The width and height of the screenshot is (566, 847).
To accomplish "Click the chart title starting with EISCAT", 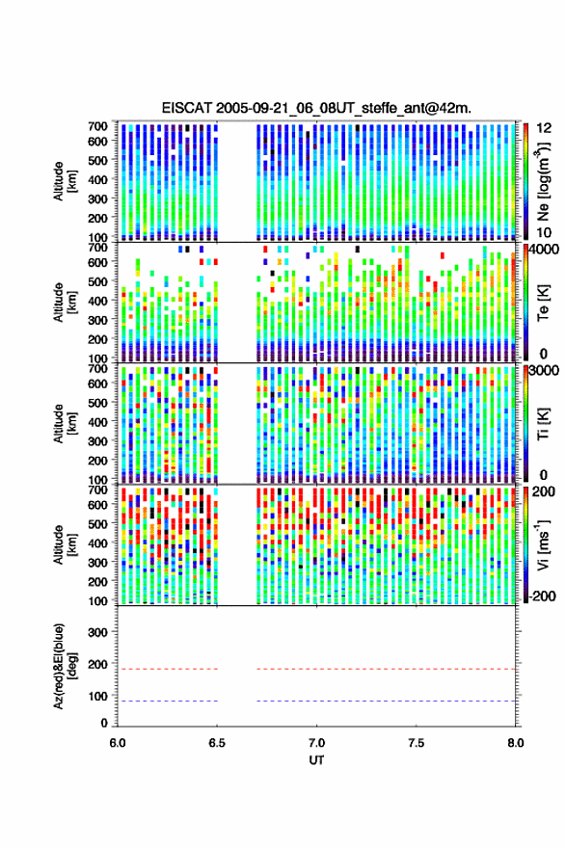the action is (316, 108).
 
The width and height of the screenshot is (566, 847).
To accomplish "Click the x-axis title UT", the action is (316, 760).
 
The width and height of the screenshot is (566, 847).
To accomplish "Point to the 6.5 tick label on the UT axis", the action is (217, 743).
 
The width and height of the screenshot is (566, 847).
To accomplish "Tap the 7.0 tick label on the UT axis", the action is (316, 743).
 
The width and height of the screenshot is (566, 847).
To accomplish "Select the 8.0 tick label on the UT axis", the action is (515, 743).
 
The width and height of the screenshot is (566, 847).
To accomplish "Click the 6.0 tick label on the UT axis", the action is (118, 743).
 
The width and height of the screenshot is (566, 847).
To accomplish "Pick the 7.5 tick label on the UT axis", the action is (416, 743).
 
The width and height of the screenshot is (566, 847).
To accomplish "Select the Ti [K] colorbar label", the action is (543, 423).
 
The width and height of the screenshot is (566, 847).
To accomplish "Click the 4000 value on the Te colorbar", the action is (545, 251).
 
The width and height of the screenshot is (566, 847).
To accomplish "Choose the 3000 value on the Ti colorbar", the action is (545, 371).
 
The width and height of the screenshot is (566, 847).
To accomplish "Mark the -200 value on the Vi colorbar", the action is (542, 596).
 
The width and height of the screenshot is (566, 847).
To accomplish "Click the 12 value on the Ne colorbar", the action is (544, 128).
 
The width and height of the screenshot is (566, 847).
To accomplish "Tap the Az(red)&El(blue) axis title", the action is (64, 666).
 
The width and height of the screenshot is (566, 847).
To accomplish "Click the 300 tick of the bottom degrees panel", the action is (97, 632).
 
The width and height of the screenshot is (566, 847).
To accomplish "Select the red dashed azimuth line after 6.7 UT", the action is (386, 669).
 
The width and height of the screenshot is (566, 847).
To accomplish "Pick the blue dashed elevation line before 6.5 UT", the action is (168, 701).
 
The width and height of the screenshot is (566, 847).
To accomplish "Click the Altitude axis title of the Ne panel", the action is (64, 181).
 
